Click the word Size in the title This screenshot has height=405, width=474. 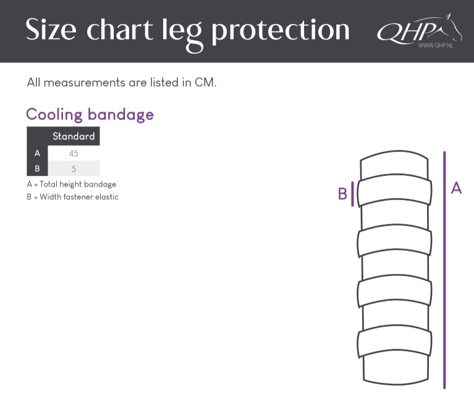(51, 29)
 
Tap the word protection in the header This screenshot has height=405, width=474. (280, 31)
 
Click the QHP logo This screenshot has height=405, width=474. (420, 30)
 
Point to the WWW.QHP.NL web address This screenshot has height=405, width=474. (436, 45)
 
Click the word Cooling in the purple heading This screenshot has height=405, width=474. (54, 115)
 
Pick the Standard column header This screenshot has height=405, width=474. (74, 136)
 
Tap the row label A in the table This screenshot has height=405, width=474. (37, 153)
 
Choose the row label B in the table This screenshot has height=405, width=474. (37, 168)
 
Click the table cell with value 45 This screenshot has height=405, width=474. (74, 153)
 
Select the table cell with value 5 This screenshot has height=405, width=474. (74, 169)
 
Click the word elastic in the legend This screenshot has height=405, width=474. (107, 197)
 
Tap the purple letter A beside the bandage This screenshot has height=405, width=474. (456, 188)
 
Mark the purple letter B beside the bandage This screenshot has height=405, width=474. (342, 194)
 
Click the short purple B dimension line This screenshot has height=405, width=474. (352, 194)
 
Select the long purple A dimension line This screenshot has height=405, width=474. (444, 270)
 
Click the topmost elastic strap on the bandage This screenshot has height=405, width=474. (394, 191)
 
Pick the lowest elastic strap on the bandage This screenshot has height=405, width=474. (394, 341)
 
